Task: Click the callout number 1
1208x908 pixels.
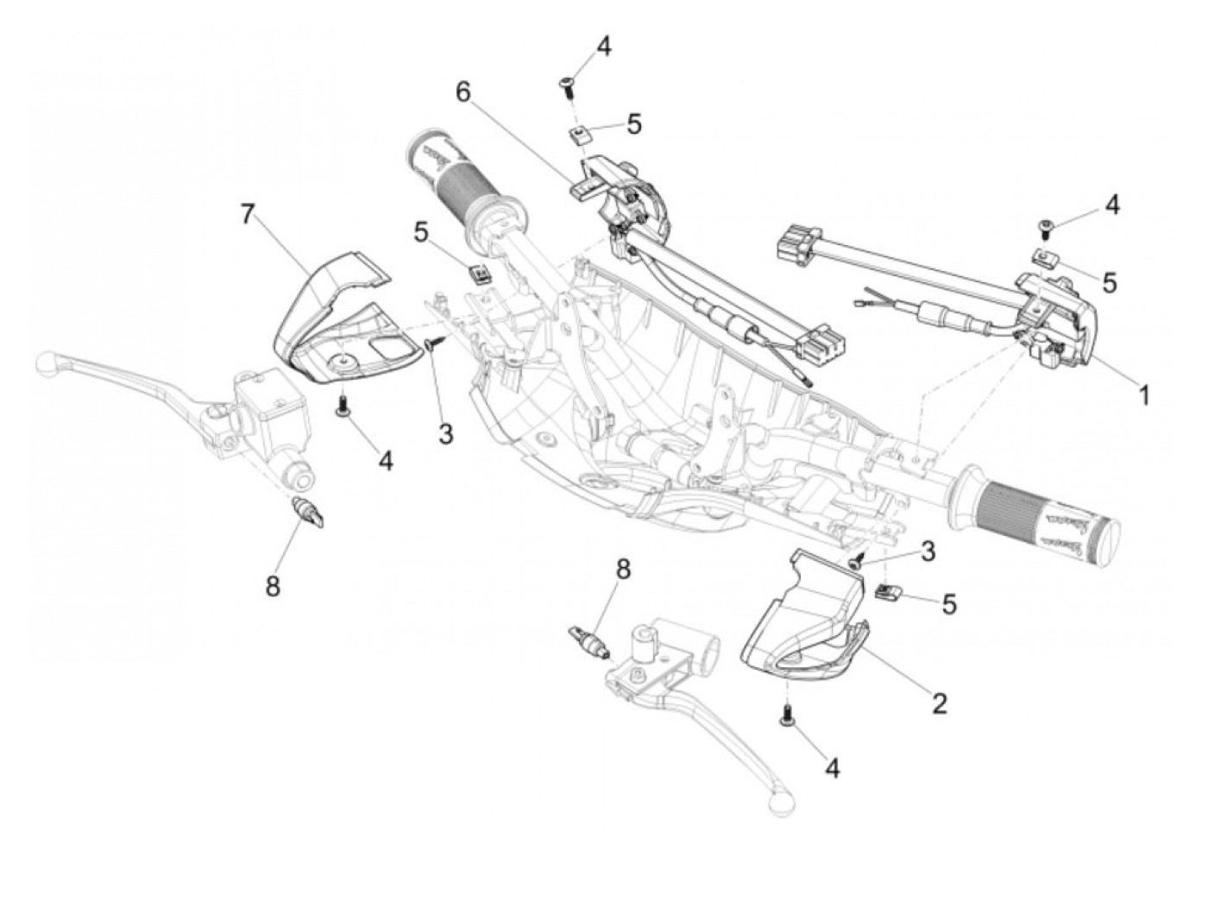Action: click(1144, 395)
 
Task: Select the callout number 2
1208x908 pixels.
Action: click(939, 703)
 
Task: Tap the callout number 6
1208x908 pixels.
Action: click(465, 92)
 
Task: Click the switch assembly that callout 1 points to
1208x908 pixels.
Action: click(1057, 315)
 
